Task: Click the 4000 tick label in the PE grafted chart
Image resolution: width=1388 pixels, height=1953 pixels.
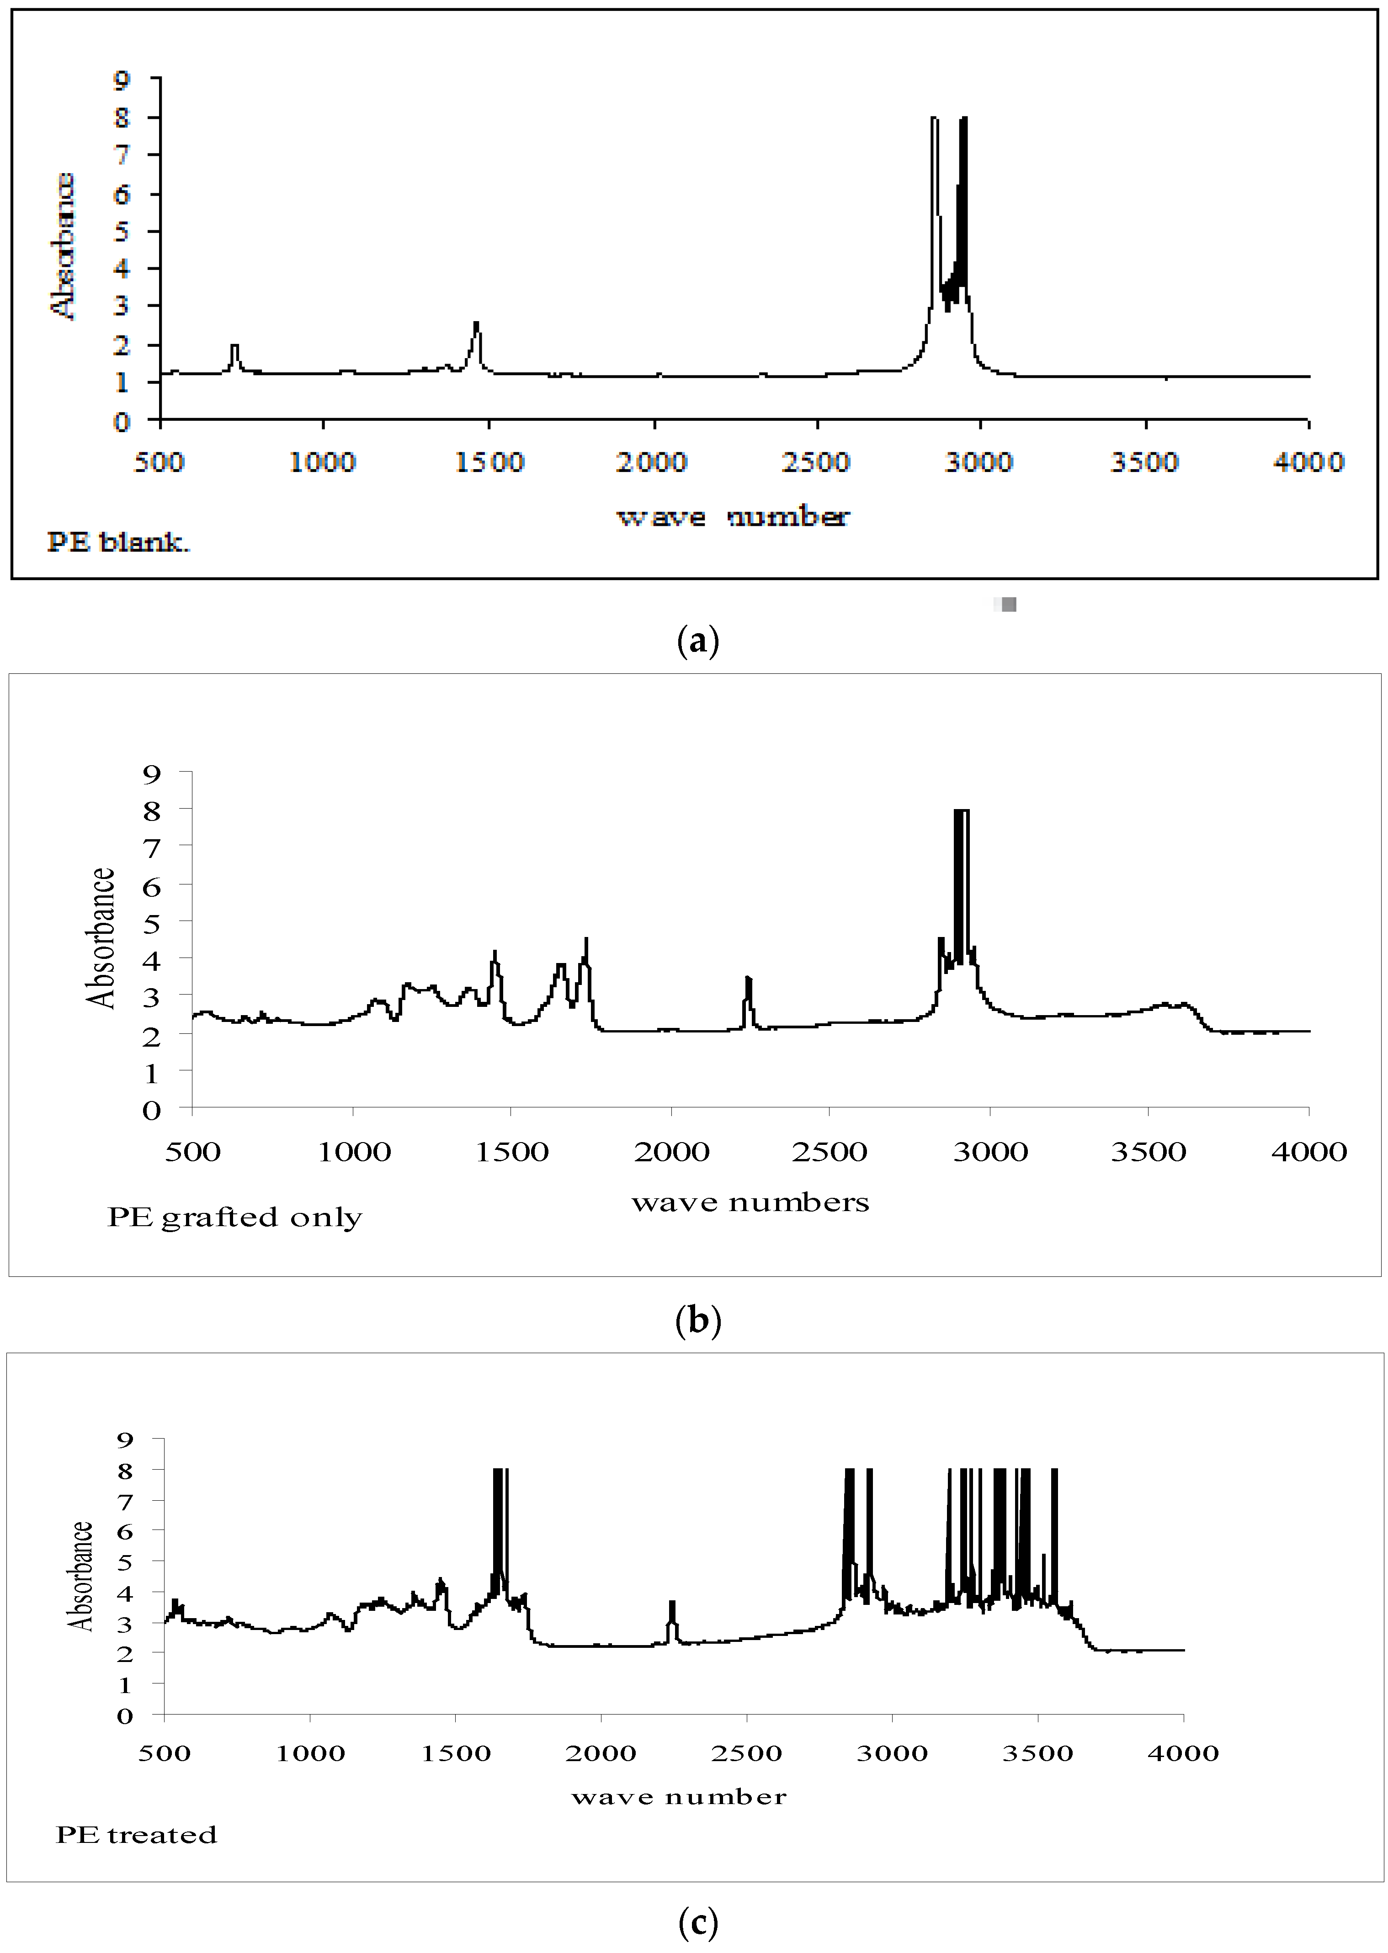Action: pos(1308,1152)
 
